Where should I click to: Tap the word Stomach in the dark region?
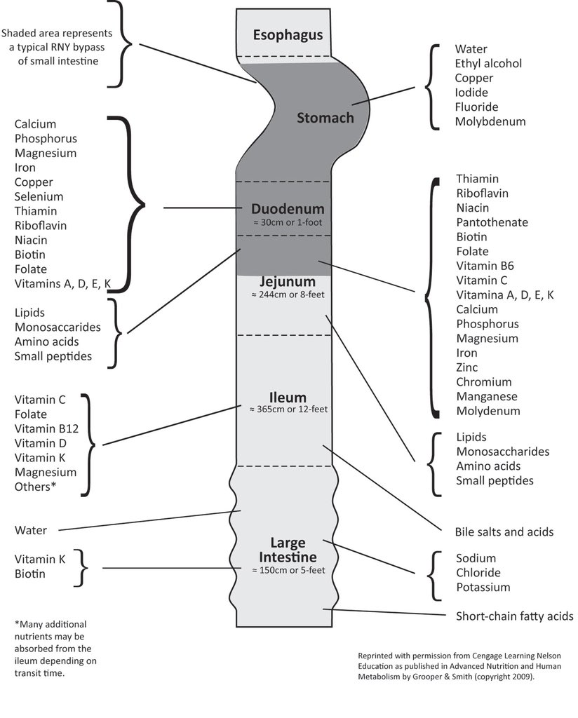(325, 118)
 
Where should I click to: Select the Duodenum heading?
(288, 209)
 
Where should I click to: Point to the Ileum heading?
(288, 398)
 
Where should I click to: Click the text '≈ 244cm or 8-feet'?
(288, 294)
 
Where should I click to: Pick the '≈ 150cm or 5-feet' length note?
(288, 571)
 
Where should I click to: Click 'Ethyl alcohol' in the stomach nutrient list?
(488, 64)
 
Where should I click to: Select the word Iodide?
(471, 93)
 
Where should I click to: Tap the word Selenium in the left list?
(39, 197)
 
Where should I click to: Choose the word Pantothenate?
(492, 222)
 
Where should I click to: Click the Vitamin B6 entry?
(485, 266)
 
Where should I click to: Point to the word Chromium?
(483, 382)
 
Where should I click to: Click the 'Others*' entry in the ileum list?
(35, 487)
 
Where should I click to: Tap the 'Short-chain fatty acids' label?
(514, 616)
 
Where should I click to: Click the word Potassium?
(483, 588)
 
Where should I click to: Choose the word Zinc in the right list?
(466, 367)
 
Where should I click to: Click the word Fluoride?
(476, 107)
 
